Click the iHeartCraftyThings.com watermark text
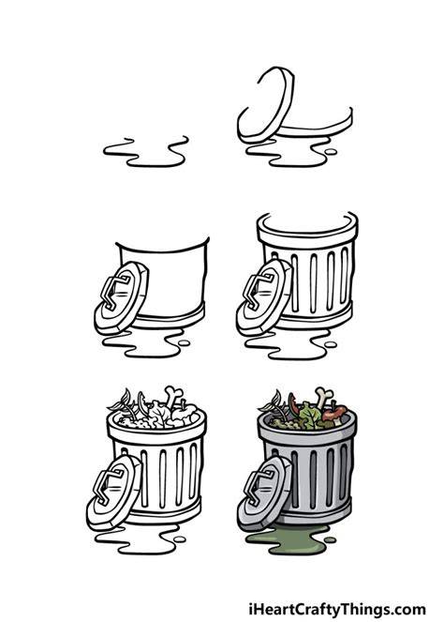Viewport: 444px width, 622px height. point(337,609)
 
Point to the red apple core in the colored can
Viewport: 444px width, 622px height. point(334,414)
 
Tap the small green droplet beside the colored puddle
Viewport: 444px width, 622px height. point(330,539)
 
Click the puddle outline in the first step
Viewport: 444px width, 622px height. point(145,152)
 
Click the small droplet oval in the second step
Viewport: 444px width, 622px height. point(331,152)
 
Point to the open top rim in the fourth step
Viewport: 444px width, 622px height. point(307,226)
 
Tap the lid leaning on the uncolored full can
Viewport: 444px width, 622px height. point(114,492)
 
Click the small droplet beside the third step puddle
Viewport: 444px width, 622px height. point(184,343)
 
